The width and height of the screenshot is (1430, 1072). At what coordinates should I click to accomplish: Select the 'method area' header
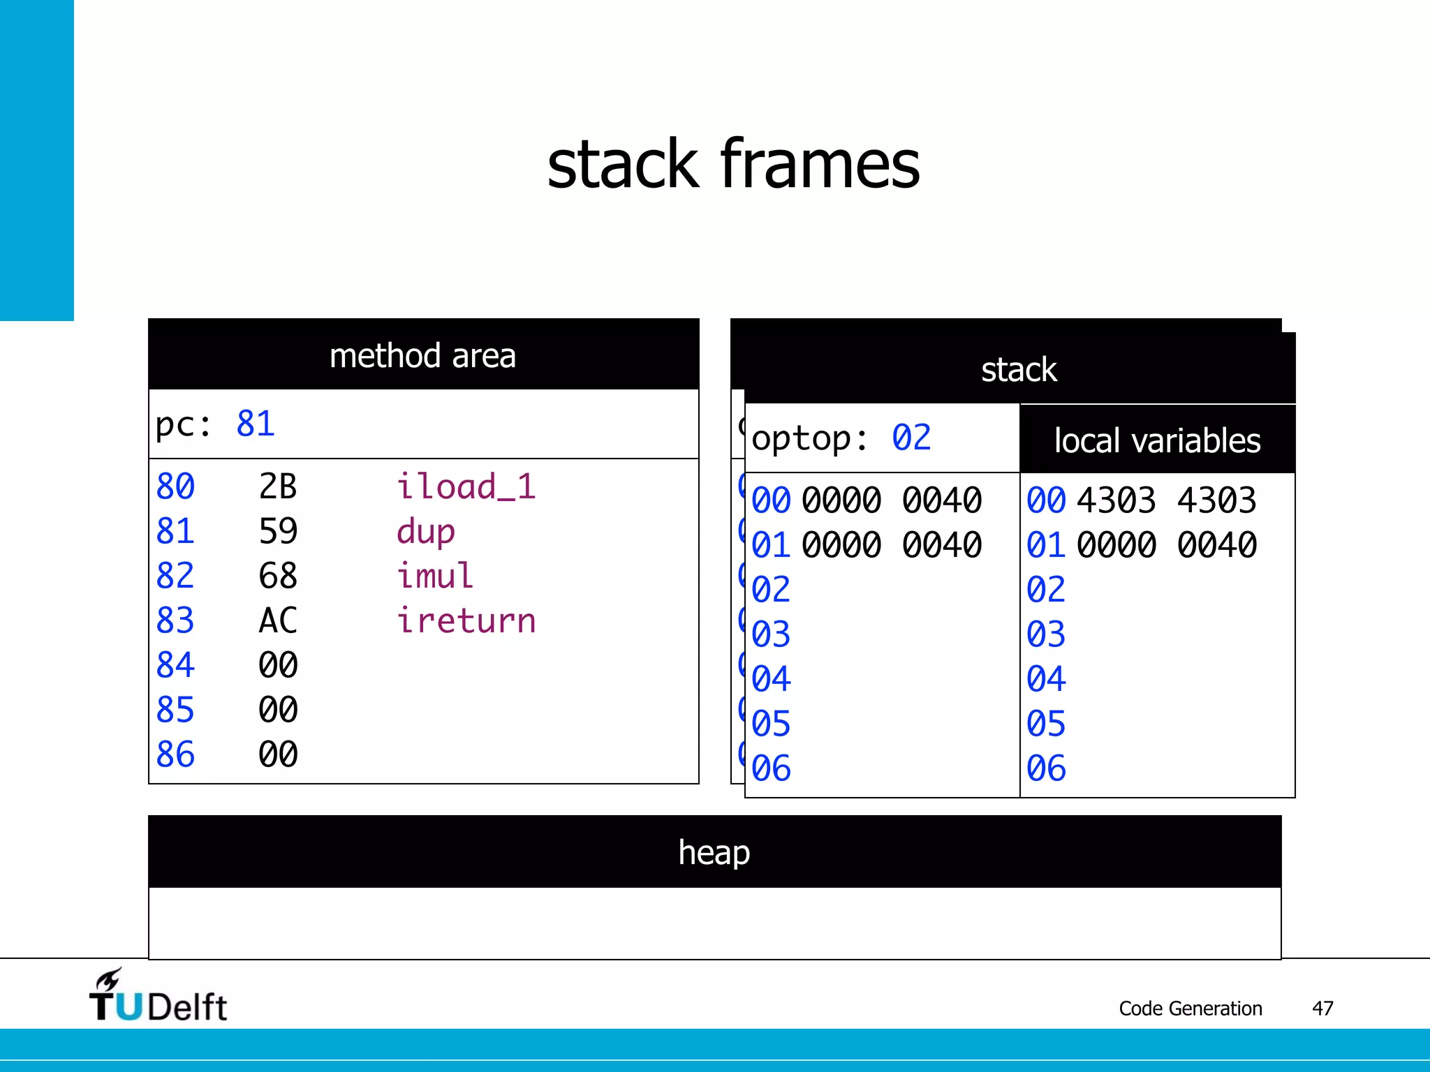click(x=422, y=356)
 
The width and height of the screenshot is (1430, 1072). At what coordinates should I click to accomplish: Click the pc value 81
click(x=256, y=424)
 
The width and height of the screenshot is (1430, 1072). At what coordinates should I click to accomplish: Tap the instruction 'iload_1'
click(x=466, y=486)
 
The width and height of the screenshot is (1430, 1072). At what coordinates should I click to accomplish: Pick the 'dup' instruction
click(x=425, y=532)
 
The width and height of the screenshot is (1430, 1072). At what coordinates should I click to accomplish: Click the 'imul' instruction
click(x=434, y=576)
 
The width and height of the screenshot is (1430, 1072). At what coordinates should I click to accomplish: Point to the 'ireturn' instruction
click(x=466, y=621)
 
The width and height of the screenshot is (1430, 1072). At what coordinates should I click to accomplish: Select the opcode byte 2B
click(x=277, y=486)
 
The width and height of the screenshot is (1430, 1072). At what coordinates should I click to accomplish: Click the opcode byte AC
click(x=277, y=621)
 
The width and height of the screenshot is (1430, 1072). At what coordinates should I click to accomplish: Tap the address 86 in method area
click(x=175, y=754)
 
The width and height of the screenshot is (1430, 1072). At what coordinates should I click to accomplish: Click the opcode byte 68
click(x=277, y=576)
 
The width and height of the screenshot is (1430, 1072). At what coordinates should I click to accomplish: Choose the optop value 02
click(x=911, y=438)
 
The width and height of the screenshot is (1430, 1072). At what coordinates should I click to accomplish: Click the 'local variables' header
click(x=1157, y=440)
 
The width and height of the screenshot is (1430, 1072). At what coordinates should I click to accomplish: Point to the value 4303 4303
click(x=1166, y=500)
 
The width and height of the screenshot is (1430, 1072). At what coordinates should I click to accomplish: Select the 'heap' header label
click(x=714, y=852)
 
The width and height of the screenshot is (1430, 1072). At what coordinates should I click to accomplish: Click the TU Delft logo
click(x=159, y=997)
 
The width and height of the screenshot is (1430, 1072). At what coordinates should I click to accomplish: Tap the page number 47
click(x=1322, y=1008)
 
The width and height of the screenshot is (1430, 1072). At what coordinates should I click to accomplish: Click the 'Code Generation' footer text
click(x=1190, y=1008)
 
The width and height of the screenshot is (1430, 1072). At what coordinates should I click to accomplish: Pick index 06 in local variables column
click(x=1045, y=768)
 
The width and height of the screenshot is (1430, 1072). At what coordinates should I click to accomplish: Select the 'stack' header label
click(x=1018, y=370)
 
